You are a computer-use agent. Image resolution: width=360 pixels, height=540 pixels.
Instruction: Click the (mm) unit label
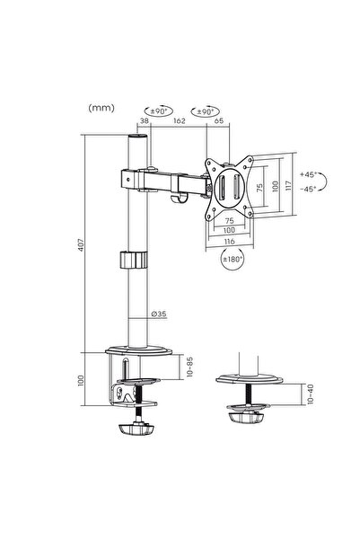pos(101,108)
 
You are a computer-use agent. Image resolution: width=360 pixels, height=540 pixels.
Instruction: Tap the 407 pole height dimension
pos(81,244)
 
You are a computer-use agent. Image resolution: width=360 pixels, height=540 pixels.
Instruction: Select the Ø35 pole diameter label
pos(159,314)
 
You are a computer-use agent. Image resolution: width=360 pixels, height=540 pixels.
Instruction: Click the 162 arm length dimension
pos(180,121)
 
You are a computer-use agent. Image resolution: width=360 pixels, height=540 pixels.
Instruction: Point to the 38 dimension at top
pos(145,121)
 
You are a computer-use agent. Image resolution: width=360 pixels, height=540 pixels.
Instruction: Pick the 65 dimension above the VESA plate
pos(219,120)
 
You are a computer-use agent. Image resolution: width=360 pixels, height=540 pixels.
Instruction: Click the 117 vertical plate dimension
pos(288,186)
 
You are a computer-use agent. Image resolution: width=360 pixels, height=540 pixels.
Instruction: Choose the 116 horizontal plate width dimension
pos(230,242)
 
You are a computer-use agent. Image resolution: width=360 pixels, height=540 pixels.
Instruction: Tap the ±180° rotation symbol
pos(233,259)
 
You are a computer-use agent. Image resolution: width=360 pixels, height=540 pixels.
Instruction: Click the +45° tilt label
pos(308,174)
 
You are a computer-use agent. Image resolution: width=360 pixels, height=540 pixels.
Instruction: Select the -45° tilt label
pos(308,189)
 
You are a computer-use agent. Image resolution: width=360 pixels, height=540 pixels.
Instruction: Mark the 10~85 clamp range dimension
pos(190,367)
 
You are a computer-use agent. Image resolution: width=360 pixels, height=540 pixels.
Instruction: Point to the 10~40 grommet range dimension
pos(311,394)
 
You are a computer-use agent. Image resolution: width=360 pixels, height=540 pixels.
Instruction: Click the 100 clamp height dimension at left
pos(81,380)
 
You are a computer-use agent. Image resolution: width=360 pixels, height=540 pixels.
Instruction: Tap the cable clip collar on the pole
pos(134,260)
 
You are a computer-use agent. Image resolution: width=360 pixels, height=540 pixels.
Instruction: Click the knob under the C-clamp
pos(136,429)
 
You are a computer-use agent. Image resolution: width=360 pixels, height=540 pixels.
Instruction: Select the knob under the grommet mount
pos(245,418)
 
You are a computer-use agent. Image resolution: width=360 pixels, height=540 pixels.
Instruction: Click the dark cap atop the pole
pos(137,137)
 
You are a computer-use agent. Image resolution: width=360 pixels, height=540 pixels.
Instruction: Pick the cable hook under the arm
pos(179,198)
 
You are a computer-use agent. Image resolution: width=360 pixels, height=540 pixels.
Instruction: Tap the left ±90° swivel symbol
pos(158,111)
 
